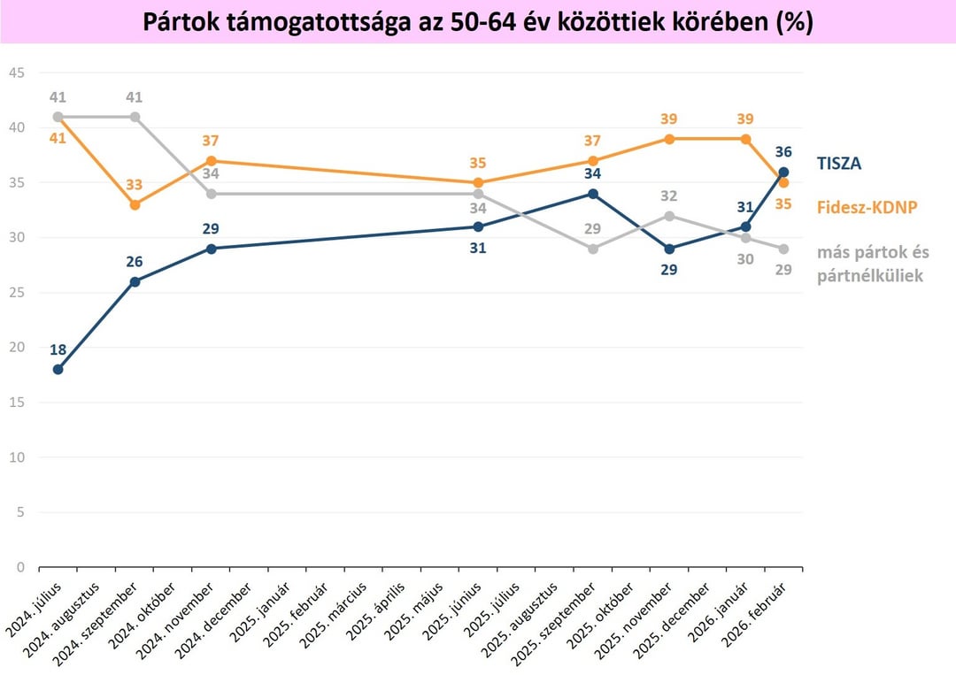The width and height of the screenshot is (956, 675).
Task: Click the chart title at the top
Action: coord(478,22)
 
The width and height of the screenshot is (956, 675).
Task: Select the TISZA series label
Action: coord(837,163)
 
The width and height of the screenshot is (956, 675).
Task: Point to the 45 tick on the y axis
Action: coord(16,73)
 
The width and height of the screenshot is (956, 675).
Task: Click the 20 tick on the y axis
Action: coord(16,348)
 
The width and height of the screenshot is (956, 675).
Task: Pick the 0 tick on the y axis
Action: coord(19,567)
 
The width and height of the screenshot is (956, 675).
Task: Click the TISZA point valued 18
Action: coord(58,370)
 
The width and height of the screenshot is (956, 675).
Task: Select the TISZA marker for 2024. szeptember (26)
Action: coord(135,282)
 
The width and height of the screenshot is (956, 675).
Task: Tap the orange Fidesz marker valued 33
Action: coord(135,204)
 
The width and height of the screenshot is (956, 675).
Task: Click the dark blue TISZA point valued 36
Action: coord(783,173)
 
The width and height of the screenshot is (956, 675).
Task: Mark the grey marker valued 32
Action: coord(669,216)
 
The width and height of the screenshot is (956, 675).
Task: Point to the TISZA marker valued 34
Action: coord(592,194)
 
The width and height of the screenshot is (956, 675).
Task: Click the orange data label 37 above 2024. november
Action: coord(211,141)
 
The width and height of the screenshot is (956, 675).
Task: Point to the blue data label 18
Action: coord(58,349)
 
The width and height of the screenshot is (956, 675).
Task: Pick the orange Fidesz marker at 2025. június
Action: coord(478,182)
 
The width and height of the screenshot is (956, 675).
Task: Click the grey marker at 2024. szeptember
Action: coord(135,117)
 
